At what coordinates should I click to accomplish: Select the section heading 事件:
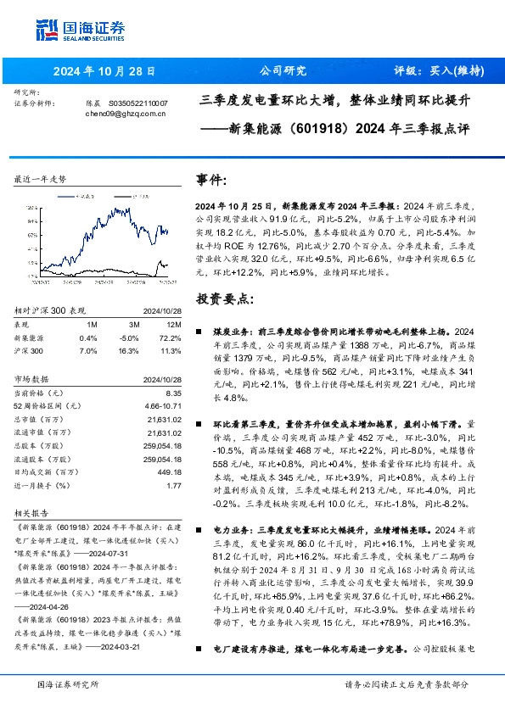[211, 181]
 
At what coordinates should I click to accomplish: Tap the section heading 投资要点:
[224, 299]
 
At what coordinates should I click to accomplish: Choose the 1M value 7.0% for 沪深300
[87, 349]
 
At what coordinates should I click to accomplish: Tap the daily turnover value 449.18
[170, 471]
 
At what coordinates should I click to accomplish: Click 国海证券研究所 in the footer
[68, 684]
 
